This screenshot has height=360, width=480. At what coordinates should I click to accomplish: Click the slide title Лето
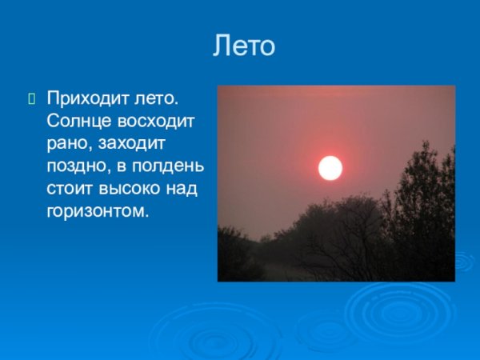244,46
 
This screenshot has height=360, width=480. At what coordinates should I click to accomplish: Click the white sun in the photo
330,168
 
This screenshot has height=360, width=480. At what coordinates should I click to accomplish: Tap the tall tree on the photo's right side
420,200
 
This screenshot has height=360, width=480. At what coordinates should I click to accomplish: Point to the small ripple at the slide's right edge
464,261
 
